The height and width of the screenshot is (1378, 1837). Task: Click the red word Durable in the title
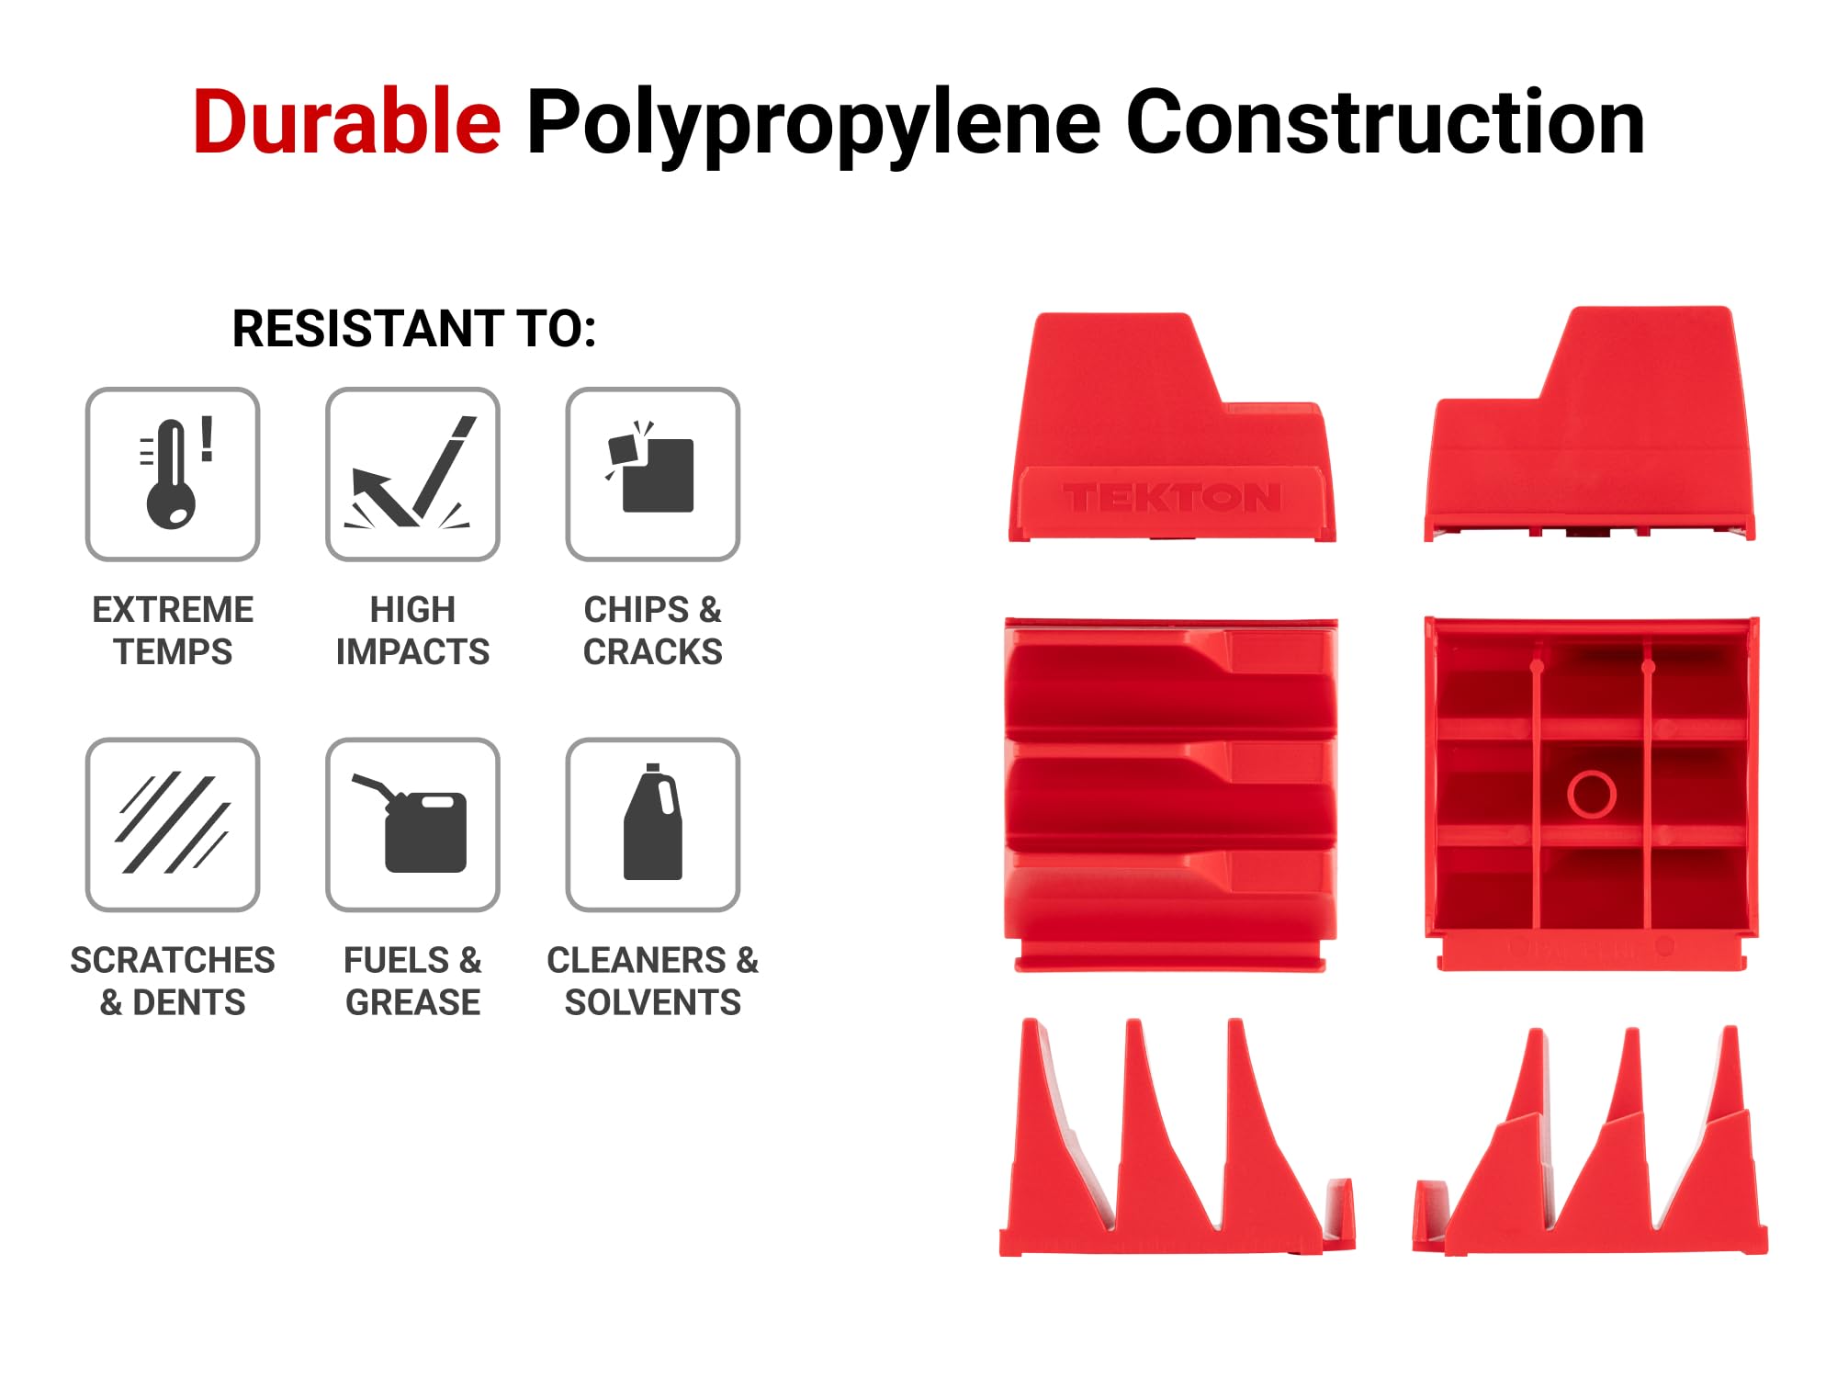347,122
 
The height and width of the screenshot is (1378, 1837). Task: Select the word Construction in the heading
1385,122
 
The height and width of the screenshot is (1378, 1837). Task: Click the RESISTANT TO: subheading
414,329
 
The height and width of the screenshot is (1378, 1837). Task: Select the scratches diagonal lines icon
173,823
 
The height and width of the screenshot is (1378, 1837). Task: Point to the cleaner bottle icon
653,822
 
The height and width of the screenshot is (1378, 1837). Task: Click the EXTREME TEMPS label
173,631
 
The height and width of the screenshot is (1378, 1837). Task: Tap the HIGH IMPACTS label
412,631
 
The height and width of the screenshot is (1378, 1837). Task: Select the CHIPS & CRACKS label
653,631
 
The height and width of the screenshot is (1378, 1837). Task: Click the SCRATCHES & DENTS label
173,981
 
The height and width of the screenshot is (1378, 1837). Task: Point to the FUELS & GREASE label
412,981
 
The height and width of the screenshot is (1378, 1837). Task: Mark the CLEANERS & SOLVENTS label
653,981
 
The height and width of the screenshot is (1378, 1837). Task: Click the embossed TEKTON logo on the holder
1172,498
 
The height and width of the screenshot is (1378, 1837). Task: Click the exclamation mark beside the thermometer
208,438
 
